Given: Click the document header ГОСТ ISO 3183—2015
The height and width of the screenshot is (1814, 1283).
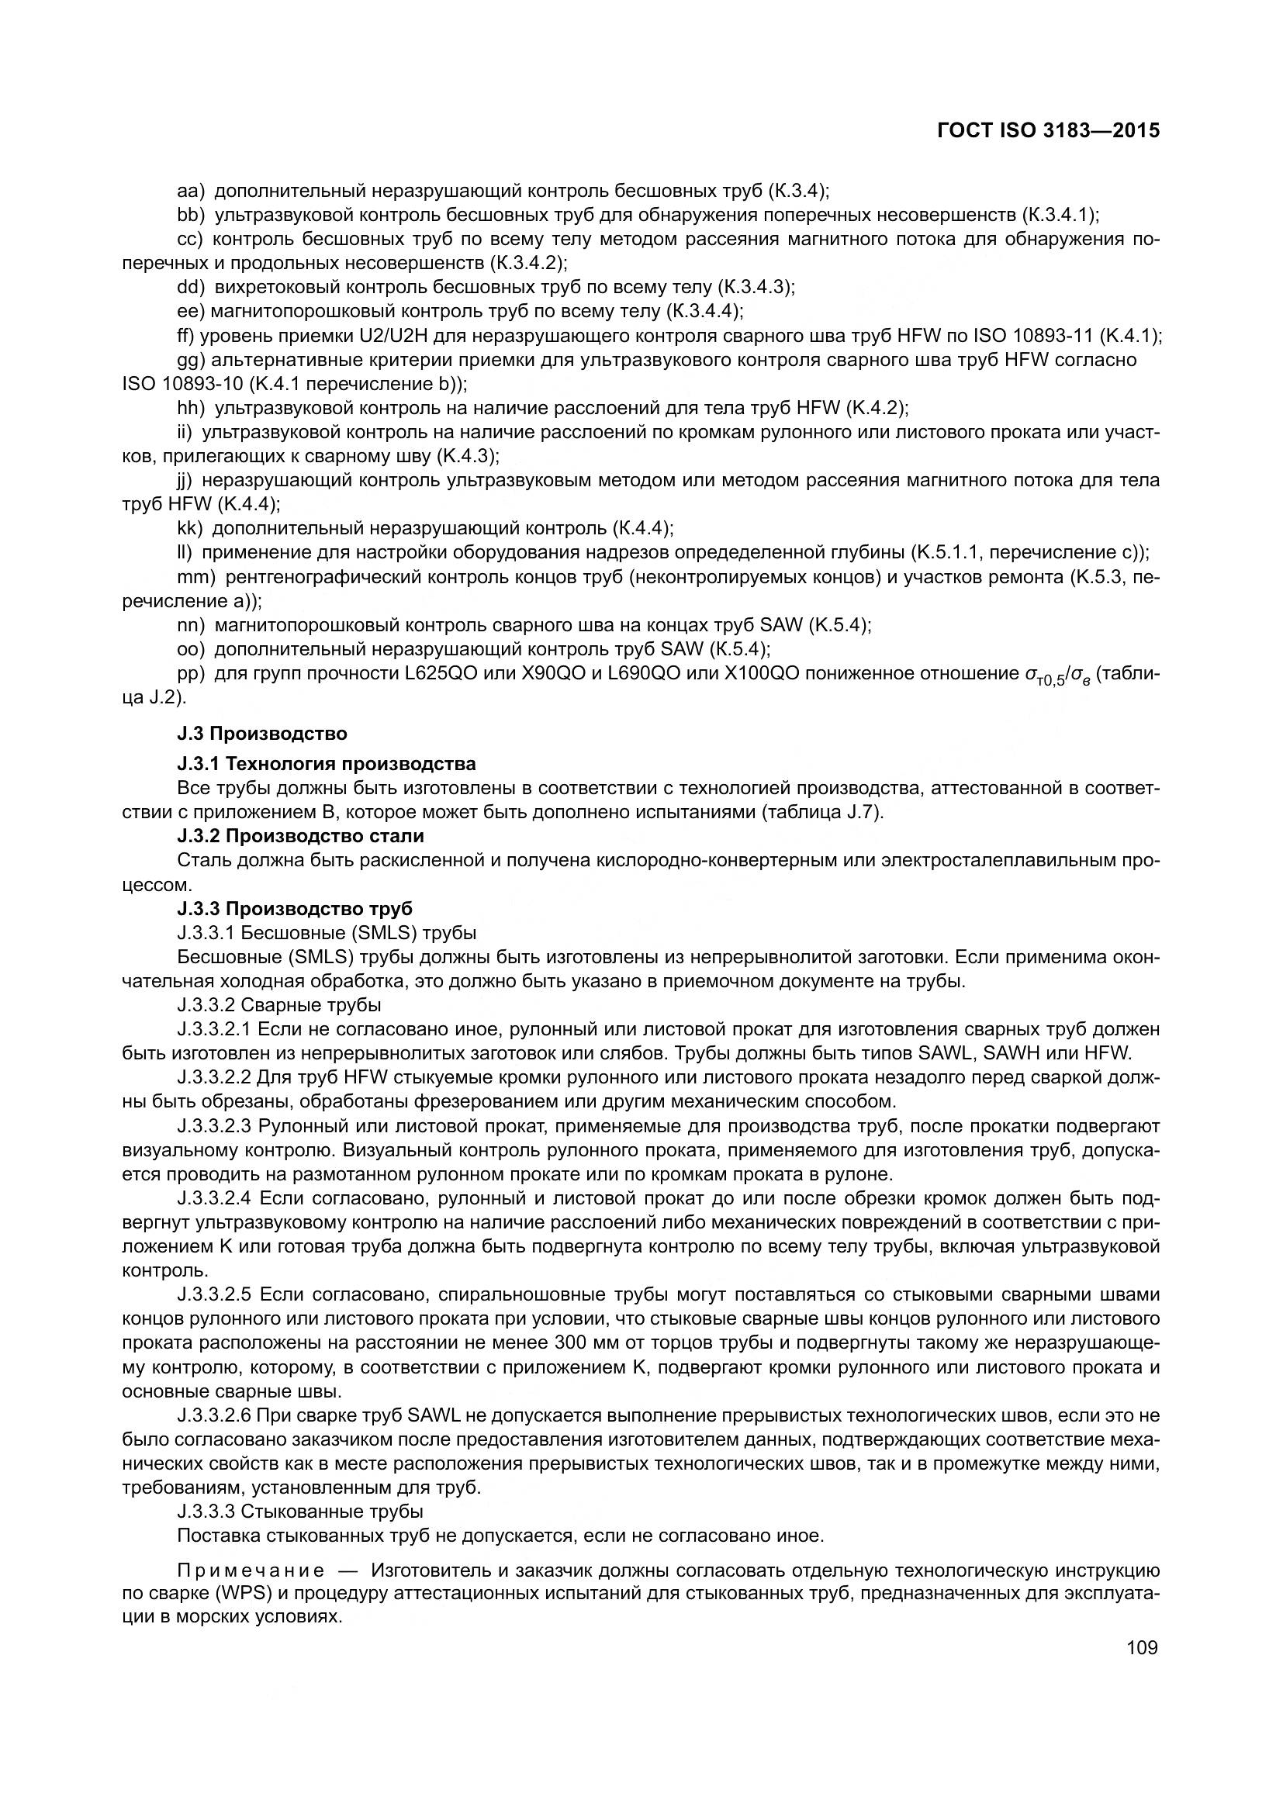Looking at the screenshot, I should [1049, 130].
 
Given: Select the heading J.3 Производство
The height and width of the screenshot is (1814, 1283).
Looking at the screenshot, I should [262, 733].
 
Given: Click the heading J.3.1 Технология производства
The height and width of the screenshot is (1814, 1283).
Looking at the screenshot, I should [327, 764].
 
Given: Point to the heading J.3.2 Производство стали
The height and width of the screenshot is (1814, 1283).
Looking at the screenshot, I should [300, 836].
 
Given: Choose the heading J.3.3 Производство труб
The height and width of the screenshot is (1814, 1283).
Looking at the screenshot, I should [295, 909].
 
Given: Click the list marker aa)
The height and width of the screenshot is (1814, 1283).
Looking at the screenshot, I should [191, 191].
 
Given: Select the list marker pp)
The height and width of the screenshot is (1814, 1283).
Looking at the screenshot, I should [191, 673].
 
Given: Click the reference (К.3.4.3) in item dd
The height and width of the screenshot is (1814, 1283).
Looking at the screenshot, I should [755, 287].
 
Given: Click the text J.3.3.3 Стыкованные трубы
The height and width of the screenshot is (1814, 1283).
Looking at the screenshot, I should [300, 1512].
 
